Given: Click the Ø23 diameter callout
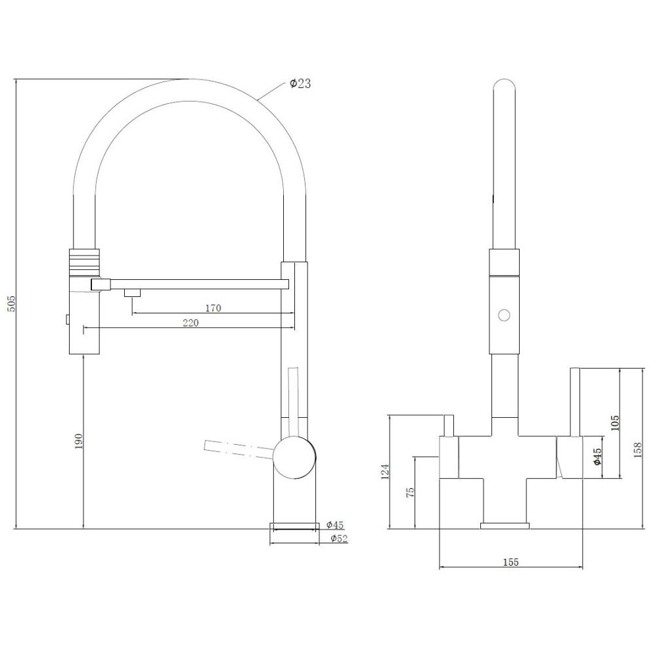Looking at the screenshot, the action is pos(300,83).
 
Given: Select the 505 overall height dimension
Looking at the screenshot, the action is pos(11,304).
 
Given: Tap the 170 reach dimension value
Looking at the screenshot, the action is pos(213,308).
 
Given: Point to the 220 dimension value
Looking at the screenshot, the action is pos(191,323).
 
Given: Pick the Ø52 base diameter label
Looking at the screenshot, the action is pos(339,539).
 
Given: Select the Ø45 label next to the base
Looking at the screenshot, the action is pos(335,524).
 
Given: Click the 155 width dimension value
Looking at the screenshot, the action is pos(510,562).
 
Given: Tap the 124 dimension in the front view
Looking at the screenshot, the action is pos(386,471).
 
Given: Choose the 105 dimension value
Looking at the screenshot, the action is pos(615,423).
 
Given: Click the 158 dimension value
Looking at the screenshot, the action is pos(638,449).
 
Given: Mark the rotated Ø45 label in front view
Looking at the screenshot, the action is pos(597,457).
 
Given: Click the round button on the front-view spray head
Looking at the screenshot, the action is pos(504,315).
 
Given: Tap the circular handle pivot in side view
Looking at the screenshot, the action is pos(294,457).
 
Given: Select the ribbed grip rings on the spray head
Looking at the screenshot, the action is pos(84,262).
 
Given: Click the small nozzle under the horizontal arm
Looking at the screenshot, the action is pos(132,293).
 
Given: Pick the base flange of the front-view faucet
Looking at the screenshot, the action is pos(505,526).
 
